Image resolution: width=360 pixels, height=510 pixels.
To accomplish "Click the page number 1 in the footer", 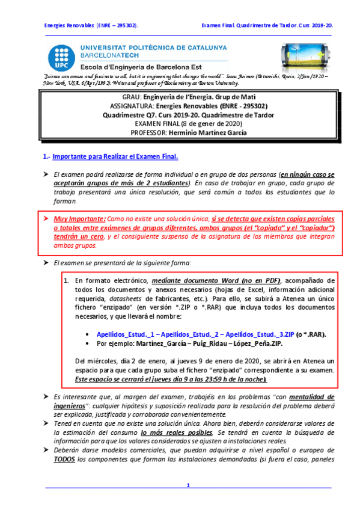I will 188,485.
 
